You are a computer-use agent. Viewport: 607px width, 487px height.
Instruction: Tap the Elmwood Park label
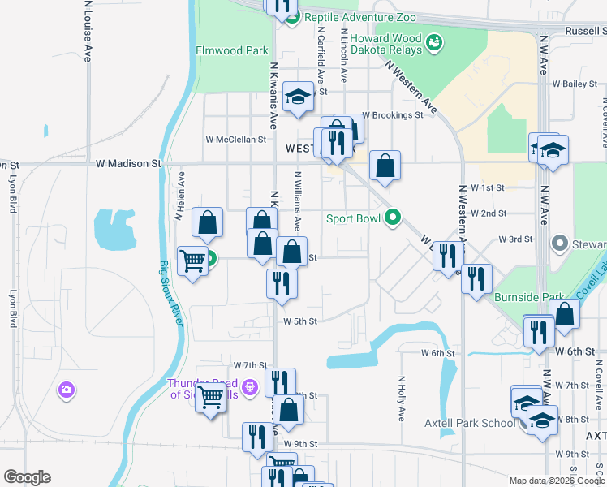click(232, 50)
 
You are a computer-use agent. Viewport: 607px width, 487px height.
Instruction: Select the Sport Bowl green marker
click(393, 218)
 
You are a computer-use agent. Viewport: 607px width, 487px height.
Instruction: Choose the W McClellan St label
click(235, 140)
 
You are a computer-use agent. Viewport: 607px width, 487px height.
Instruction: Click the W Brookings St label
click(393, 115)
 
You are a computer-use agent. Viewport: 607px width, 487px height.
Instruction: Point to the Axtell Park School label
click(470, 423)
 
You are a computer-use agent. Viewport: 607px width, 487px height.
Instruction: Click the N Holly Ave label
click(402, 398)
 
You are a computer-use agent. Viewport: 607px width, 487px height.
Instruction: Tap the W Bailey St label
click(575, 84)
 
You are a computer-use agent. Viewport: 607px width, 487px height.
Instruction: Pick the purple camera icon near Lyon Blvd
click(66, 390)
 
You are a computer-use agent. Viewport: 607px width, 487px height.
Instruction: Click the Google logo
click(27, 477)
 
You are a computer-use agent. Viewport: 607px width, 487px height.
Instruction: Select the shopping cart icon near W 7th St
click(210, 396)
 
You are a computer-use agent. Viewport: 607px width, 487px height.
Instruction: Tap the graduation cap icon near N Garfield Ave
click(299, 98)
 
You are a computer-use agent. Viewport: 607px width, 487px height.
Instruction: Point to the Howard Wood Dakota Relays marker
click(434, 41)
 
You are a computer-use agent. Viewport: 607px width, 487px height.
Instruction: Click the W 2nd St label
click(493, 213)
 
